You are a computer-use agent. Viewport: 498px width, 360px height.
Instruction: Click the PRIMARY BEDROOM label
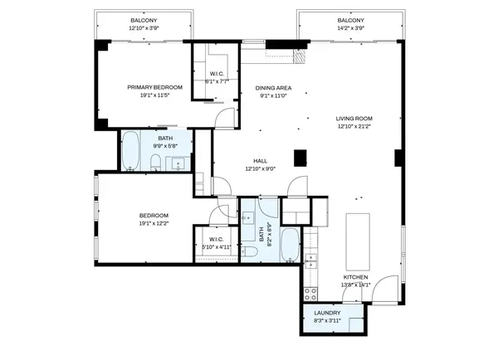pos(154,87)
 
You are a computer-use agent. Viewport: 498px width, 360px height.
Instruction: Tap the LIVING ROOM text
pos(354,119)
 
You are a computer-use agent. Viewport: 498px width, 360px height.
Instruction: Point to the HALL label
pos(260,161)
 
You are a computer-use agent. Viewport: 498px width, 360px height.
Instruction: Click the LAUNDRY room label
pos(327,313)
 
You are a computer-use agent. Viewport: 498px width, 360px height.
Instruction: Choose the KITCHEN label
pos(354,277)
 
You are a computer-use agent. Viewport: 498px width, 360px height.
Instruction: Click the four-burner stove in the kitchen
pos(310,292)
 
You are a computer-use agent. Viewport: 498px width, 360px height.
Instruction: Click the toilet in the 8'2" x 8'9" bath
pos(250,251)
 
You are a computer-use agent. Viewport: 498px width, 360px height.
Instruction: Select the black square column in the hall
pos(300,156)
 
